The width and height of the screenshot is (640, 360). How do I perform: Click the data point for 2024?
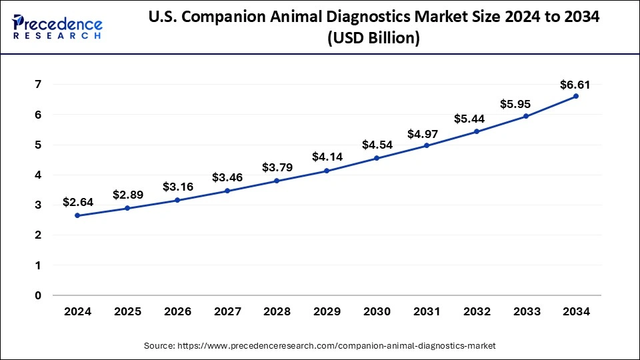77,215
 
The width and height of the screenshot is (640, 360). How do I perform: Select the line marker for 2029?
327,171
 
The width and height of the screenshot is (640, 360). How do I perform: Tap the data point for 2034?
576,96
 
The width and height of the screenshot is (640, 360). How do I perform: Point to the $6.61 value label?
575,85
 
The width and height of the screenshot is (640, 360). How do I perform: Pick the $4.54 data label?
376,145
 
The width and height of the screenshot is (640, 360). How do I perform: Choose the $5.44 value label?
475,119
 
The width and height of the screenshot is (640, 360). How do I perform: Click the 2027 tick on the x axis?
227,311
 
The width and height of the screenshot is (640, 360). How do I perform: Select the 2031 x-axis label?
426,311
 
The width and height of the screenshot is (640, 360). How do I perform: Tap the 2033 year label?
526,311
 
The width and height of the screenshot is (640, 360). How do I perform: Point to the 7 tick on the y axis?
38,85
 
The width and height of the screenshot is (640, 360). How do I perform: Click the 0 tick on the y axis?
38,295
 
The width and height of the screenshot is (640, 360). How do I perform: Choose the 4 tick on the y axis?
38,175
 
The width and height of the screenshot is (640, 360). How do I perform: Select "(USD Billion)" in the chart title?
373,39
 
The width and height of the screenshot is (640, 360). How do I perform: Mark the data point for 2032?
476,131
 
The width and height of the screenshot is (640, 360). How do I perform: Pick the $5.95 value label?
525,104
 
